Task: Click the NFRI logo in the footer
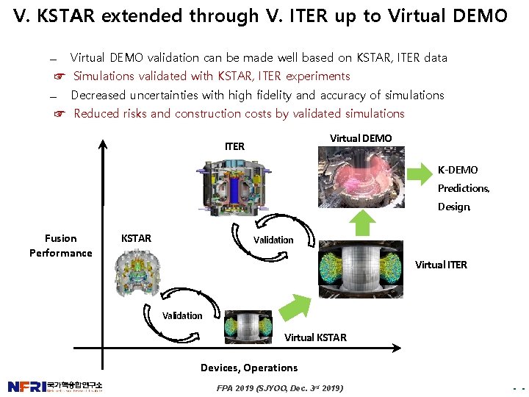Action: pyautogui.click(x=55, y=387)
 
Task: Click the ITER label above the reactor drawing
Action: pyautogui.click(x=234, y=146)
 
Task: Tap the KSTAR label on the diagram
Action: pyautogui.click(x=136, y=238)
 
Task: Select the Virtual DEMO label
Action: pyautogui.click(x=361, y=138)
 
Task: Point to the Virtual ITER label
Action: pyautogui.click(x=441, y=265)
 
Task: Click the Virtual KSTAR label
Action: pyautogui.click(x=315, y=337)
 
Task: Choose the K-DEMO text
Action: pyautogui.click(x=458, y=170)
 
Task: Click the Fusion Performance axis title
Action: pyautogui.click(x=60, y=246)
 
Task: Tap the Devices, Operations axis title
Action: pyautogui.click(x=249, y=368)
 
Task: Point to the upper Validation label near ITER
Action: pyautogui.click(x=273, y=240)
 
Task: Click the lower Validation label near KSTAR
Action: pyautogui.click(x=182, y=315)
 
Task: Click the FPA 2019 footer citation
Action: pyautogui.click(x=279, y=387)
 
